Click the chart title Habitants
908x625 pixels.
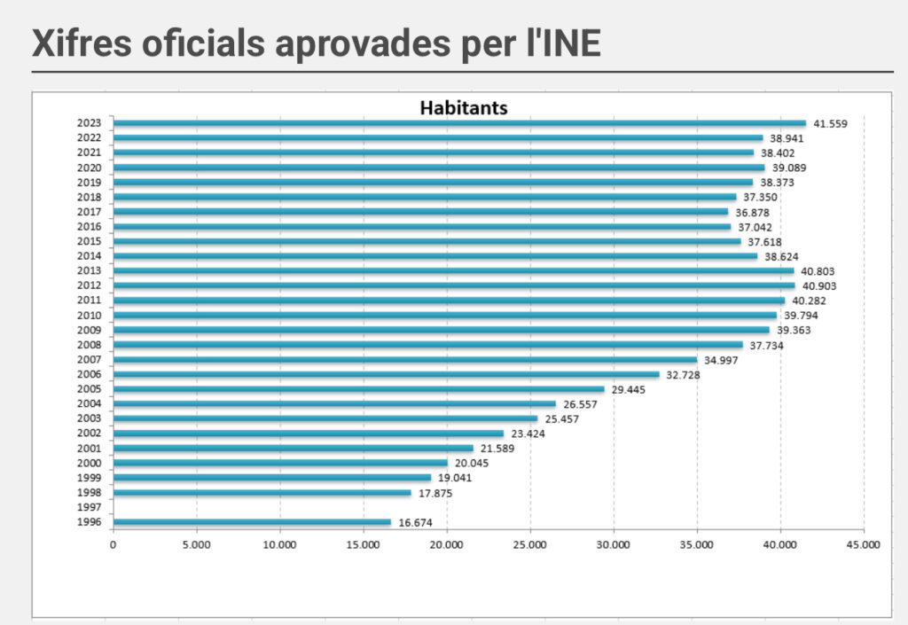[463, 108]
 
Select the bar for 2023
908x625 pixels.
[459, 123]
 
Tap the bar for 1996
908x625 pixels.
[252, 522]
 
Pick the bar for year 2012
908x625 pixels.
[454, 285]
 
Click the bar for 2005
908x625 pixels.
[358, 389]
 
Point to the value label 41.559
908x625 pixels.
[830, 124]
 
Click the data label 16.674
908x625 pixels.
[415, 523]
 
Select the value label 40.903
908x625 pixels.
[818, 286]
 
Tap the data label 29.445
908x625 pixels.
[629, 390]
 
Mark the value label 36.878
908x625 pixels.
[753, 213]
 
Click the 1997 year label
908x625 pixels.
[90, 507]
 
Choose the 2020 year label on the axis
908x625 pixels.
[90, 168]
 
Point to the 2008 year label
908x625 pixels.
[90, 345]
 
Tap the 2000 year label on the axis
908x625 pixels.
[90, 463]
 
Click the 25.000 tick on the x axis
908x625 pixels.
[529, 545]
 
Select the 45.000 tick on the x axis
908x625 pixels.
[863, 545]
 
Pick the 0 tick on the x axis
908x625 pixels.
[113, 545]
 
